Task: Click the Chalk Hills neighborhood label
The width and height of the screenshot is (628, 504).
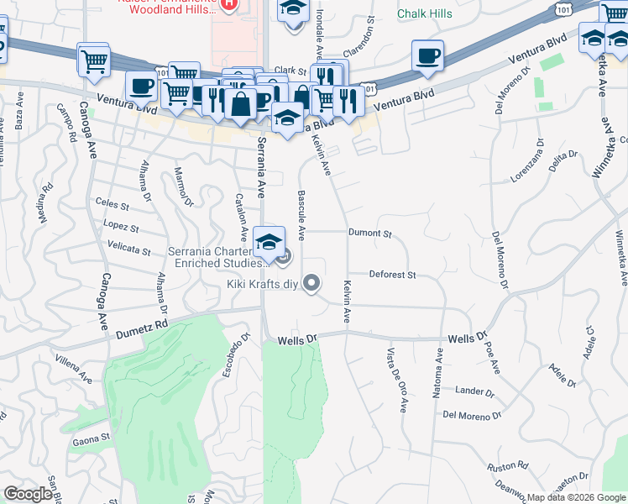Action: coord(424,13)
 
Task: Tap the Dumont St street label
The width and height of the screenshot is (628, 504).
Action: coord(370,233)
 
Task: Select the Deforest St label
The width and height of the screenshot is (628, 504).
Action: coord(393,275)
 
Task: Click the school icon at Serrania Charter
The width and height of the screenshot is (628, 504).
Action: coord(269,243)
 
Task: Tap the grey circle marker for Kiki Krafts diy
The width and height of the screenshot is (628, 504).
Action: coord(312,283)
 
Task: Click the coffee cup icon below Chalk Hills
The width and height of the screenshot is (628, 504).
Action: coord(428,55)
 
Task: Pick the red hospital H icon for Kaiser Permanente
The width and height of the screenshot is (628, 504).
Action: coord(229,4)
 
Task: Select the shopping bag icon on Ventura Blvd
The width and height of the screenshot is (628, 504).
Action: coord(241,105)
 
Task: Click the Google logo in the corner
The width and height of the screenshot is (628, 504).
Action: coord(28,494)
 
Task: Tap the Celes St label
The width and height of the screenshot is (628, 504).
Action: coord(112,204)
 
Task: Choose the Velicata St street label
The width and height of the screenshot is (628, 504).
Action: coord(129,249)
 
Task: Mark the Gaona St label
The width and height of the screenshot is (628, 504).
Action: coord(92,438)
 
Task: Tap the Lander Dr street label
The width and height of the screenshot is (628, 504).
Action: coord(475,391)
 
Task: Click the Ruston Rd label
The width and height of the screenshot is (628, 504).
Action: coord(509,465)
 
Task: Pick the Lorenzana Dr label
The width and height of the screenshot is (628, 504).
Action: coord(531,167)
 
